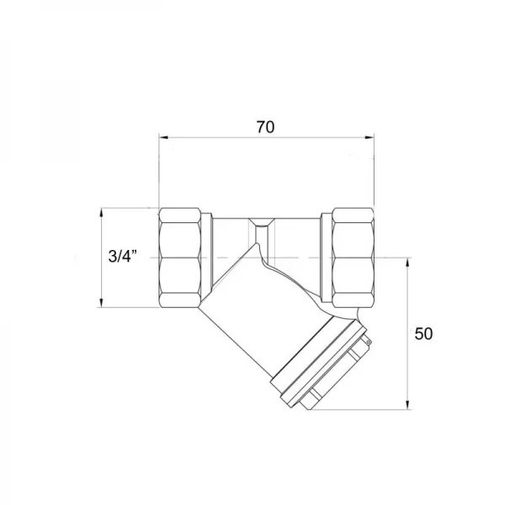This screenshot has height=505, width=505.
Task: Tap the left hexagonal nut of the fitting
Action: tap(183, 257)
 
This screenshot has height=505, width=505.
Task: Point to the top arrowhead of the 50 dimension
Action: tap(408, 260)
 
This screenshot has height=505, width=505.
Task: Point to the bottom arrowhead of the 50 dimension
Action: tap(408, 406)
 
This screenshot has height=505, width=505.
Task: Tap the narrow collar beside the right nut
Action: tap(324, 257)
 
